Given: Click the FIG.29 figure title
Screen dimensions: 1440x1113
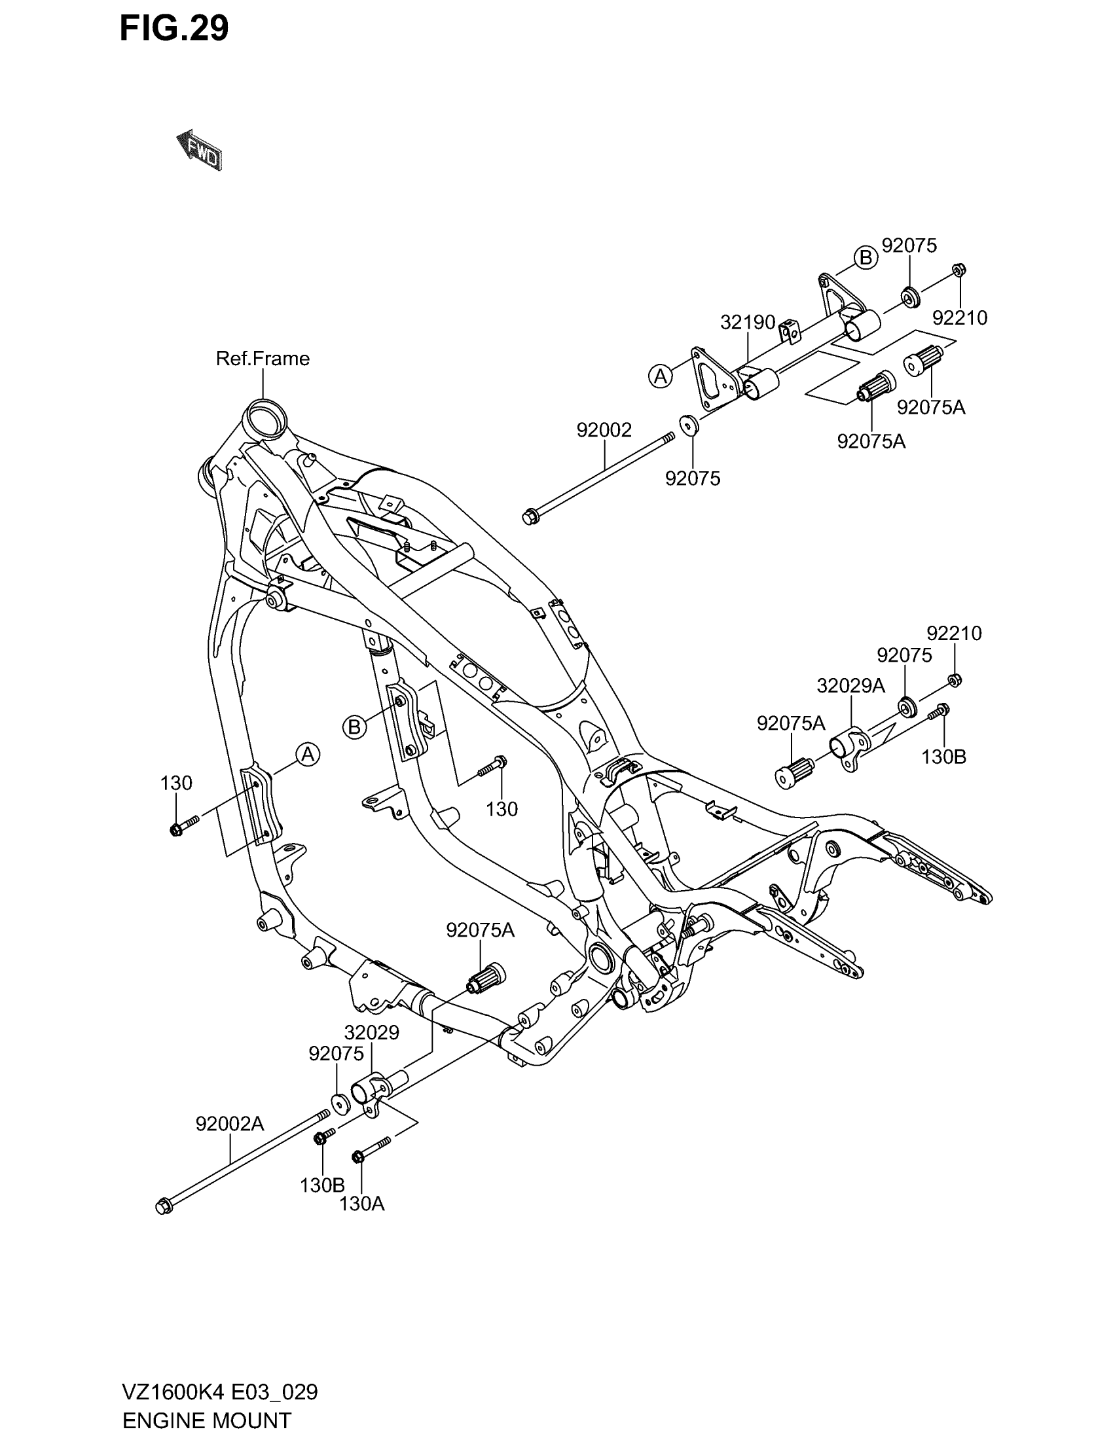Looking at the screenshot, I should (x=174, y=28).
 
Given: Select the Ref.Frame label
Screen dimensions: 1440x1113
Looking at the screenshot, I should (x=263, y=359).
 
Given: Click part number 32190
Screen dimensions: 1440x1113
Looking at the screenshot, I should (x=747, y=323).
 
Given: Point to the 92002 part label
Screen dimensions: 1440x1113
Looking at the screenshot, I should (x=604, y=430).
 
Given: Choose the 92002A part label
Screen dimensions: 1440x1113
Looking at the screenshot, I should (x=229, y=1123).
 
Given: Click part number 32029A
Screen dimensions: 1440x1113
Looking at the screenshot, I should (x=850, y=686).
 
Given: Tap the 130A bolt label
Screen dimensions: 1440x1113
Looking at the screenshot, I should (x=361, y=1204).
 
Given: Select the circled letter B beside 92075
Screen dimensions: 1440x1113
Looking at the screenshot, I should (x=866, y=258).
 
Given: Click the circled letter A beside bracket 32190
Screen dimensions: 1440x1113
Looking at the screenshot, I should (x=661, y=376).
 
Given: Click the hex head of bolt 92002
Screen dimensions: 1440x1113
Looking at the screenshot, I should (x=529, y=517).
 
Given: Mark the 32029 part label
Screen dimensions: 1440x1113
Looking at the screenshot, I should (x=372, y=1032).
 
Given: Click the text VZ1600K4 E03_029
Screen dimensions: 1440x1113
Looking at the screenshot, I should (x=219, y=1392).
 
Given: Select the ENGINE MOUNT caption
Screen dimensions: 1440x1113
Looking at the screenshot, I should (x=206, y=1420).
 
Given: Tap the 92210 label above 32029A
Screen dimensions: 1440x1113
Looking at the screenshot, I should (x=953, y=633).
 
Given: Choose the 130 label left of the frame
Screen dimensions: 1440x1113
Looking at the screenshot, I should (x=176, y=783).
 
